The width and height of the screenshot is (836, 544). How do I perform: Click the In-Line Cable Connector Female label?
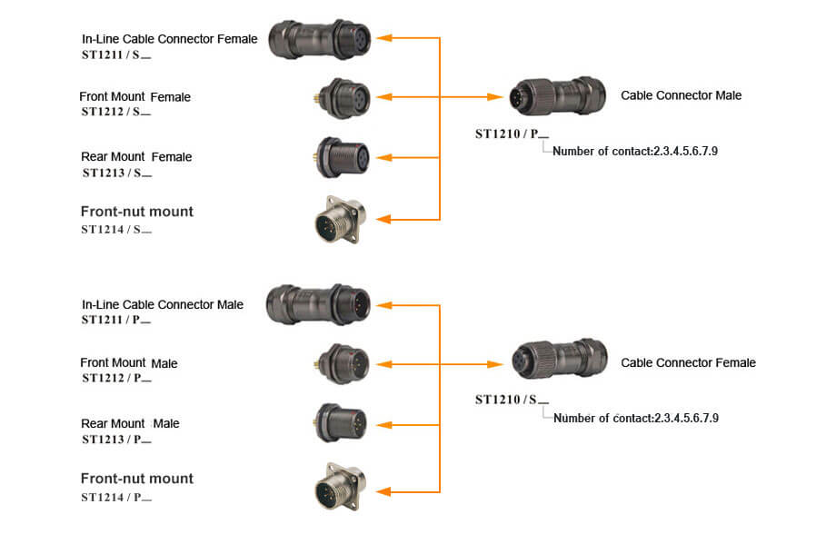click(170, 39)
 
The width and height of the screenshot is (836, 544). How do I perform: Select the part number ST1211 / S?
click(116, 54)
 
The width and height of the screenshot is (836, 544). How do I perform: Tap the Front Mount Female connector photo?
click(343, 98)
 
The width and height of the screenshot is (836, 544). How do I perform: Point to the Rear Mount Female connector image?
click(342, 158)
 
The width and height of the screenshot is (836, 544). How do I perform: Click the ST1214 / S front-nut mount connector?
click(340, 220)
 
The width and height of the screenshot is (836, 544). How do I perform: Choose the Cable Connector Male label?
click(681, 95)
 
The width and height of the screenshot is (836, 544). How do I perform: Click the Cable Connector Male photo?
click(557, 96)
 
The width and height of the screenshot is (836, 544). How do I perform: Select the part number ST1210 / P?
click(512, 134)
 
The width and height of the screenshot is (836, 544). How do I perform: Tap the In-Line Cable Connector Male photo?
click(318, 304)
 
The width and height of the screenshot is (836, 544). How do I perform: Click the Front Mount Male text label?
click(128, 363)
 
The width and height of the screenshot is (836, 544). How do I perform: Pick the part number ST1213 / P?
click(116, 440)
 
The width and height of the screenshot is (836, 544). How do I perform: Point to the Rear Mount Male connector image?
click(341, 423)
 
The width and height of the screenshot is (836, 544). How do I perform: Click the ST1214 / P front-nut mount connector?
click(340, 487)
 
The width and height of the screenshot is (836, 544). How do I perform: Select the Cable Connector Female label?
click(688, 363)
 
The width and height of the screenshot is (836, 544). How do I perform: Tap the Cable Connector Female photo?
click(559, 359)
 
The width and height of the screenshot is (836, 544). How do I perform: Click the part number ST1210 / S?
click(512, 400)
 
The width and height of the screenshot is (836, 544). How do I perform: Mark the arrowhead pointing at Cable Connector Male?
click(494, 97)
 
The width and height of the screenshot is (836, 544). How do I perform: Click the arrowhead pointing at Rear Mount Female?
click(383, 158)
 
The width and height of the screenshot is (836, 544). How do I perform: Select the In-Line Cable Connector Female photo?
click(319, 39)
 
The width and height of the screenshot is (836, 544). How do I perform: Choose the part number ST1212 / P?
click(116, 378)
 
